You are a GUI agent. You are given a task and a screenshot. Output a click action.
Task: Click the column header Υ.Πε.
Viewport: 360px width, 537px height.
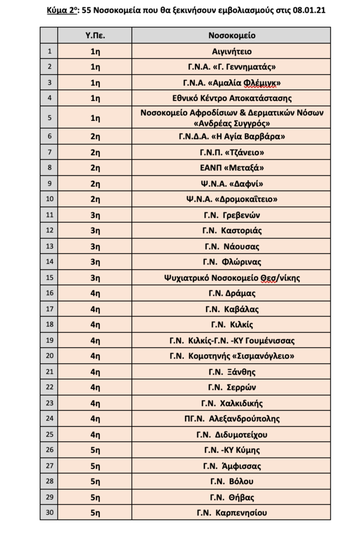click(95, 35)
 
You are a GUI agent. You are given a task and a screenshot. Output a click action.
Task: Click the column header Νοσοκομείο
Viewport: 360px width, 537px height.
click(232, 35)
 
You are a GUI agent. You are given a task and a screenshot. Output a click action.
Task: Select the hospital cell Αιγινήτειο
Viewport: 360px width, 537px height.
click(232, 52)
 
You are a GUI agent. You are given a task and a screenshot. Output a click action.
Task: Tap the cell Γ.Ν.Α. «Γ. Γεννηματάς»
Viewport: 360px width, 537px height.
click(232, 67)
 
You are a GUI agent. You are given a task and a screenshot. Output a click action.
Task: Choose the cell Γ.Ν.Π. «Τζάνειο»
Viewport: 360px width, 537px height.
click(232, 152)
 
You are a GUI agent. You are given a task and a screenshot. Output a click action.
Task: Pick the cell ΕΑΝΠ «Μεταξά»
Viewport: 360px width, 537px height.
click(232, 167)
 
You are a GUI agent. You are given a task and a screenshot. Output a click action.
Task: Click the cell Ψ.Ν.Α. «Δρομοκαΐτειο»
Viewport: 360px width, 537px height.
click(232, 199)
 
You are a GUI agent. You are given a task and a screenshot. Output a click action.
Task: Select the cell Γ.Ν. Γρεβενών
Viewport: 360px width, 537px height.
click(232, 214)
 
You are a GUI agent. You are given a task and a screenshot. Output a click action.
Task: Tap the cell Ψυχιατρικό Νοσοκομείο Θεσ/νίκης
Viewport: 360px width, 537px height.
click(232, 278)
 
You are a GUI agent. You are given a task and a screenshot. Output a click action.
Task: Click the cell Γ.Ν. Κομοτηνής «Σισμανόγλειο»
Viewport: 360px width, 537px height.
click(232, 356)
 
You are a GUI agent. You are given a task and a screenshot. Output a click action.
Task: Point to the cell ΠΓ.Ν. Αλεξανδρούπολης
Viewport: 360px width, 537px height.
click(232, 418)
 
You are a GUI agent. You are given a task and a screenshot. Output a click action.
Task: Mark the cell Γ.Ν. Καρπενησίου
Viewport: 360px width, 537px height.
click(232, 513)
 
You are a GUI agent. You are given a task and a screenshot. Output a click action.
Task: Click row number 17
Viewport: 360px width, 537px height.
click(50, 309)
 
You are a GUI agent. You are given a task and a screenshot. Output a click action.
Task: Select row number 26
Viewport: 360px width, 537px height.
click(50, 450)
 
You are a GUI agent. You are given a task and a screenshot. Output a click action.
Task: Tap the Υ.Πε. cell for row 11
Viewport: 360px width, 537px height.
click(95, 214)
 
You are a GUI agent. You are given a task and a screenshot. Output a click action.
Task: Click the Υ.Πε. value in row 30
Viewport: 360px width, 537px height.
click(95, 513)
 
